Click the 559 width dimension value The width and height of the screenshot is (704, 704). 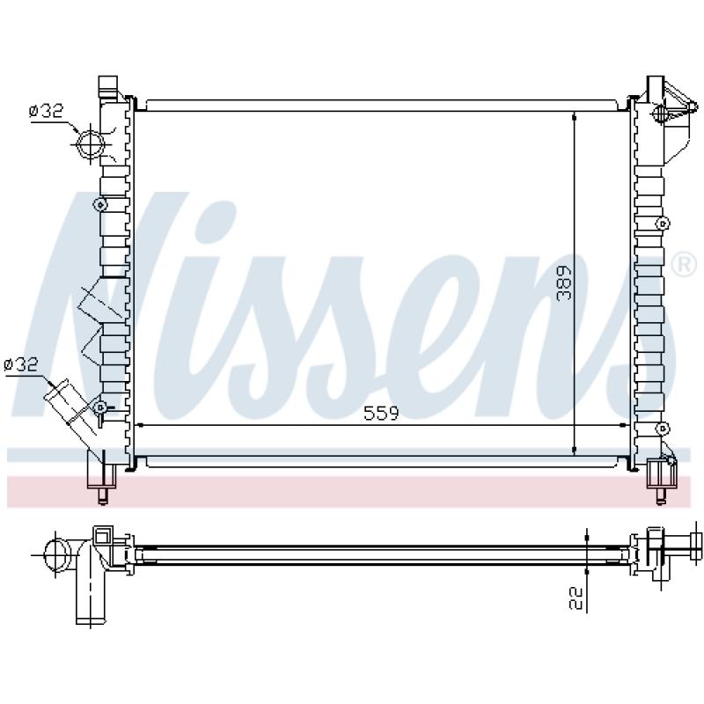point(381,413)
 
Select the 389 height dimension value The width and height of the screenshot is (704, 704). point(563,283)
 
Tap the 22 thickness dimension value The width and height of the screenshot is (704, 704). point(576,599)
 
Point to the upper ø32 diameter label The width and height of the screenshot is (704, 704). point(47,111)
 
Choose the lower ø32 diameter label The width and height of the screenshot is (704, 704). point(21,364)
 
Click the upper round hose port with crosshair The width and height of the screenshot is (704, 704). point(91,143)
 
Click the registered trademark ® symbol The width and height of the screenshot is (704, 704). point(684,266)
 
